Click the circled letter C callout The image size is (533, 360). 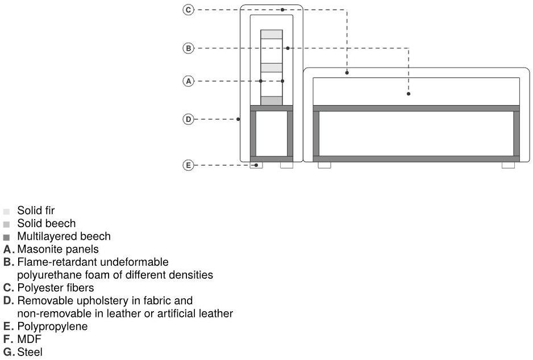click(x=189, y=10)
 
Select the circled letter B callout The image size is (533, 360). click(x=189, y=48)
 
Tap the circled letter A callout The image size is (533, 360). click(x=189, y=81)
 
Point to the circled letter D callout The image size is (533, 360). click(x=189, y=119)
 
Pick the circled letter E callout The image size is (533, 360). click(x=189, y=165)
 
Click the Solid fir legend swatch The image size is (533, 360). click(x=6, y=211)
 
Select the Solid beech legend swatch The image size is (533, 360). click(x=6, y=224)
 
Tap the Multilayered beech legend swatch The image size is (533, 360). click(x=6, y=237)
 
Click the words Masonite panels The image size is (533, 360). click(x=58, y=249)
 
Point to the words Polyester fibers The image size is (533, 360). click(x=56, y=288)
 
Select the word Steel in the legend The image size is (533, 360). click(x=30, y=353)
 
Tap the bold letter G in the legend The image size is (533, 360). click(x=7, y=353)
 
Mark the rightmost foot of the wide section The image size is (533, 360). click(x=508, y=165)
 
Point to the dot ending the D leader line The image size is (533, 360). click(x=239, y=119)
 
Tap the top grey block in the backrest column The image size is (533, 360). click(x=272, y=34)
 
